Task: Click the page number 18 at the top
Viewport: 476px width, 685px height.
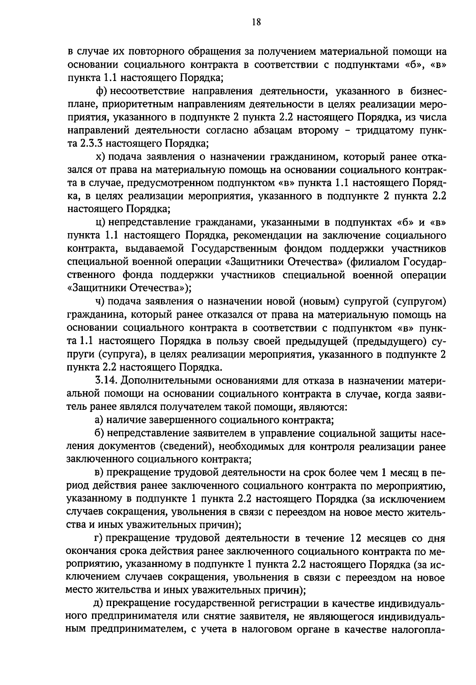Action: [x=256, y=22]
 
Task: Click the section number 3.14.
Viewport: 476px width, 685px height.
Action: [x=106, y=380]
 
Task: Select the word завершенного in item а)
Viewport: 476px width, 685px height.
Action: [x=183, y=420]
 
